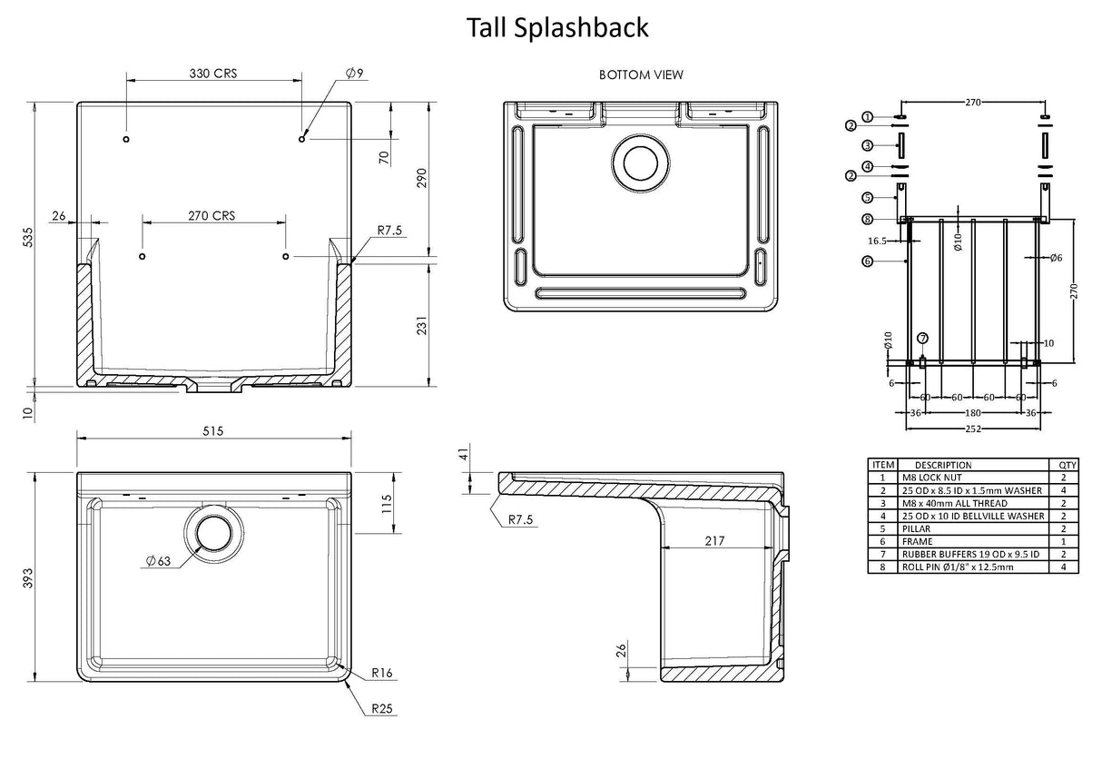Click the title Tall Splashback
pos(557,27)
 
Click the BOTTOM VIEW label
pos(641,75)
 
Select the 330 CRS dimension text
pos(212,74)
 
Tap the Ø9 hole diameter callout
pos(355,74)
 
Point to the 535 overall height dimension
pos(27,238)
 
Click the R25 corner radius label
pos(381,709)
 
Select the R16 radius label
pos(381,675)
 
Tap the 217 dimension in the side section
pos(714,541)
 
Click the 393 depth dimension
pos(27,577)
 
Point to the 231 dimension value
pos(419,328)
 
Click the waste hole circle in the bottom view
pos(643,162)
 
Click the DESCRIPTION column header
pos(942,465)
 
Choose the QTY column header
pos(1063,465)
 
